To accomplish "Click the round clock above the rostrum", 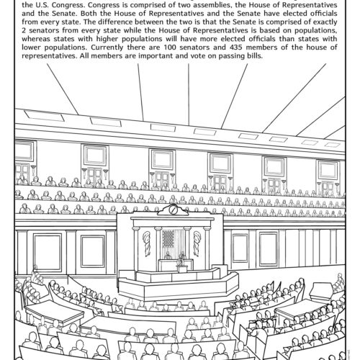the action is [173, 209].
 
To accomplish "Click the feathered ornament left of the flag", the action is [146, 241].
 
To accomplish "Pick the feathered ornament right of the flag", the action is [196, 241].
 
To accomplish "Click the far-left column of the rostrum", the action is [133, 246].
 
